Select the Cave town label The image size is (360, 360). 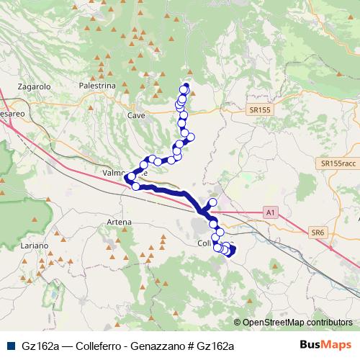coord(135,114)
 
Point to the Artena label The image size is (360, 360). coord(119,221)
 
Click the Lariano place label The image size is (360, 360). coord(34,246)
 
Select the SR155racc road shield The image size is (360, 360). coord(338,164)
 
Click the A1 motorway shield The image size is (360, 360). coord(270,212)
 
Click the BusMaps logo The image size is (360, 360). coord(330,345)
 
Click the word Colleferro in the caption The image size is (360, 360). coord(96,346)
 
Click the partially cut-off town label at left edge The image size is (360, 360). coord(12,114)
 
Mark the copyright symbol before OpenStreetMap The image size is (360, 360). coord(238,323)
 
